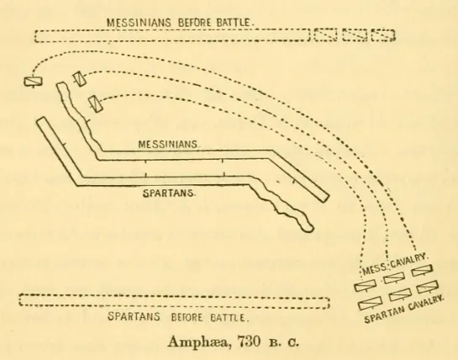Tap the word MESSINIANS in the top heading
pyautogui.click(x=139, y=23)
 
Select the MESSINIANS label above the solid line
pyautogui.click(x=169, y=144)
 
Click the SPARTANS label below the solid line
pyautogui.click(x=169, y=193)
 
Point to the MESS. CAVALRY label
pyautogui.click(x=395, y=264)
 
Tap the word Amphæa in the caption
pyautogui.click(x=197, y=341)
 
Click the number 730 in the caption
pyautogui.click(x=248, y=341)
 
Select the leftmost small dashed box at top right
pyautogui.click(x=326, y=34)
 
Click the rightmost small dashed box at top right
pyautogui.click(x=383, y=35)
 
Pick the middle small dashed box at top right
pyautogui.click(x=355, y=35)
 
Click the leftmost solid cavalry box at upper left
pyautogui.click(x=33, y=82)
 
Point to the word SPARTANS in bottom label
pyautogui.click(x=134, y=317)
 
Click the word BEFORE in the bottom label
pyautogui.click(x=187, y=317)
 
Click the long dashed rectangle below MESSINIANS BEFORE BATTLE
pyautogui.click(x=172, y=35)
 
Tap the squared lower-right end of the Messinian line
pyautogui.click(x=326, y=198)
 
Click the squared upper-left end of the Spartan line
pyautogui.click(x=41, y=119)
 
